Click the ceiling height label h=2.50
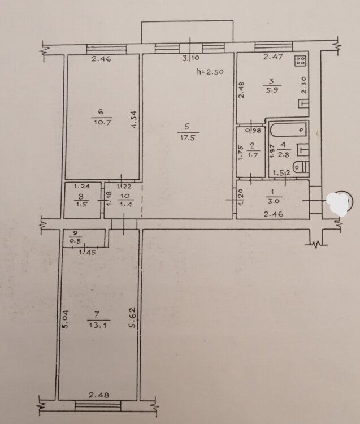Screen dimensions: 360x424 (x=211, y=72)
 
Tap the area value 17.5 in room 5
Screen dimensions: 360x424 (x=188, y=137)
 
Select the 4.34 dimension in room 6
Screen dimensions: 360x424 (x=136, y=119)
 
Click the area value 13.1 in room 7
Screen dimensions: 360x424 (x=99, y=325)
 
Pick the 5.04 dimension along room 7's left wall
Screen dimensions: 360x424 (x=66, y=319)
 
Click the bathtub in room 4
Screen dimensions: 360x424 (x=288, y=129)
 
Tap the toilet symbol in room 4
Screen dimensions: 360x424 (x=301, y=167)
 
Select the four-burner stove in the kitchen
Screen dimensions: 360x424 (x=301, y=60)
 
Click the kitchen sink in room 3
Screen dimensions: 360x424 (x=303, y=104)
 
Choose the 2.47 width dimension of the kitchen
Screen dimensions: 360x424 (x=273, y=57)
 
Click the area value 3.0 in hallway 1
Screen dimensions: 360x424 (x=272, y=201)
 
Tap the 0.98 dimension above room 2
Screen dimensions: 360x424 (x=253, y=131)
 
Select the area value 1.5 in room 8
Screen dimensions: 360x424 (x=81, y=205)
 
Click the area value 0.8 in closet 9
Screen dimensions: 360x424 (x=75, y=240)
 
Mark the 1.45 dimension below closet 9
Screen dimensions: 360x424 (x=87, y=252)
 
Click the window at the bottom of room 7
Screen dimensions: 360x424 (x=98, y=405)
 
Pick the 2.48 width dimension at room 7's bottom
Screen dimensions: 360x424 (x=99, y=395)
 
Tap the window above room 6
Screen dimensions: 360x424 (x=106, y=49)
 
